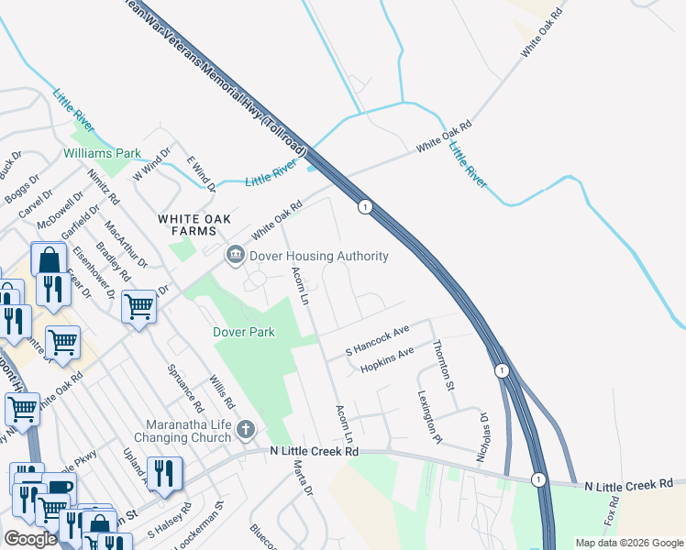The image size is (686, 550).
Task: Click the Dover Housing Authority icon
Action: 236,256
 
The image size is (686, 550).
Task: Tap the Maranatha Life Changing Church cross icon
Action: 245,429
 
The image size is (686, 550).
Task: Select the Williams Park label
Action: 101,153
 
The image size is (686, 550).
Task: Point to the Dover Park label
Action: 244,332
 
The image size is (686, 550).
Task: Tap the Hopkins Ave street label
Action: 387,359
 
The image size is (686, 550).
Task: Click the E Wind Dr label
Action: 201,172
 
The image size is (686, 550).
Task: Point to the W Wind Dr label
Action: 153,164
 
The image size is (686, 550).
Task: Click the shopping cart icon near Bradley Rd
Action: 139,306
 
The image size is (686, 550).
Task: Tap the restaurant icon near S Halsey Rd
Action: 165,473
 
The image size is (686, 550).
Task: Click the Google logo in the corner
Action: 31,539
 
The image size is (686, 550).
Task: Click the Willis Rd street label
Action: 222,391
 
